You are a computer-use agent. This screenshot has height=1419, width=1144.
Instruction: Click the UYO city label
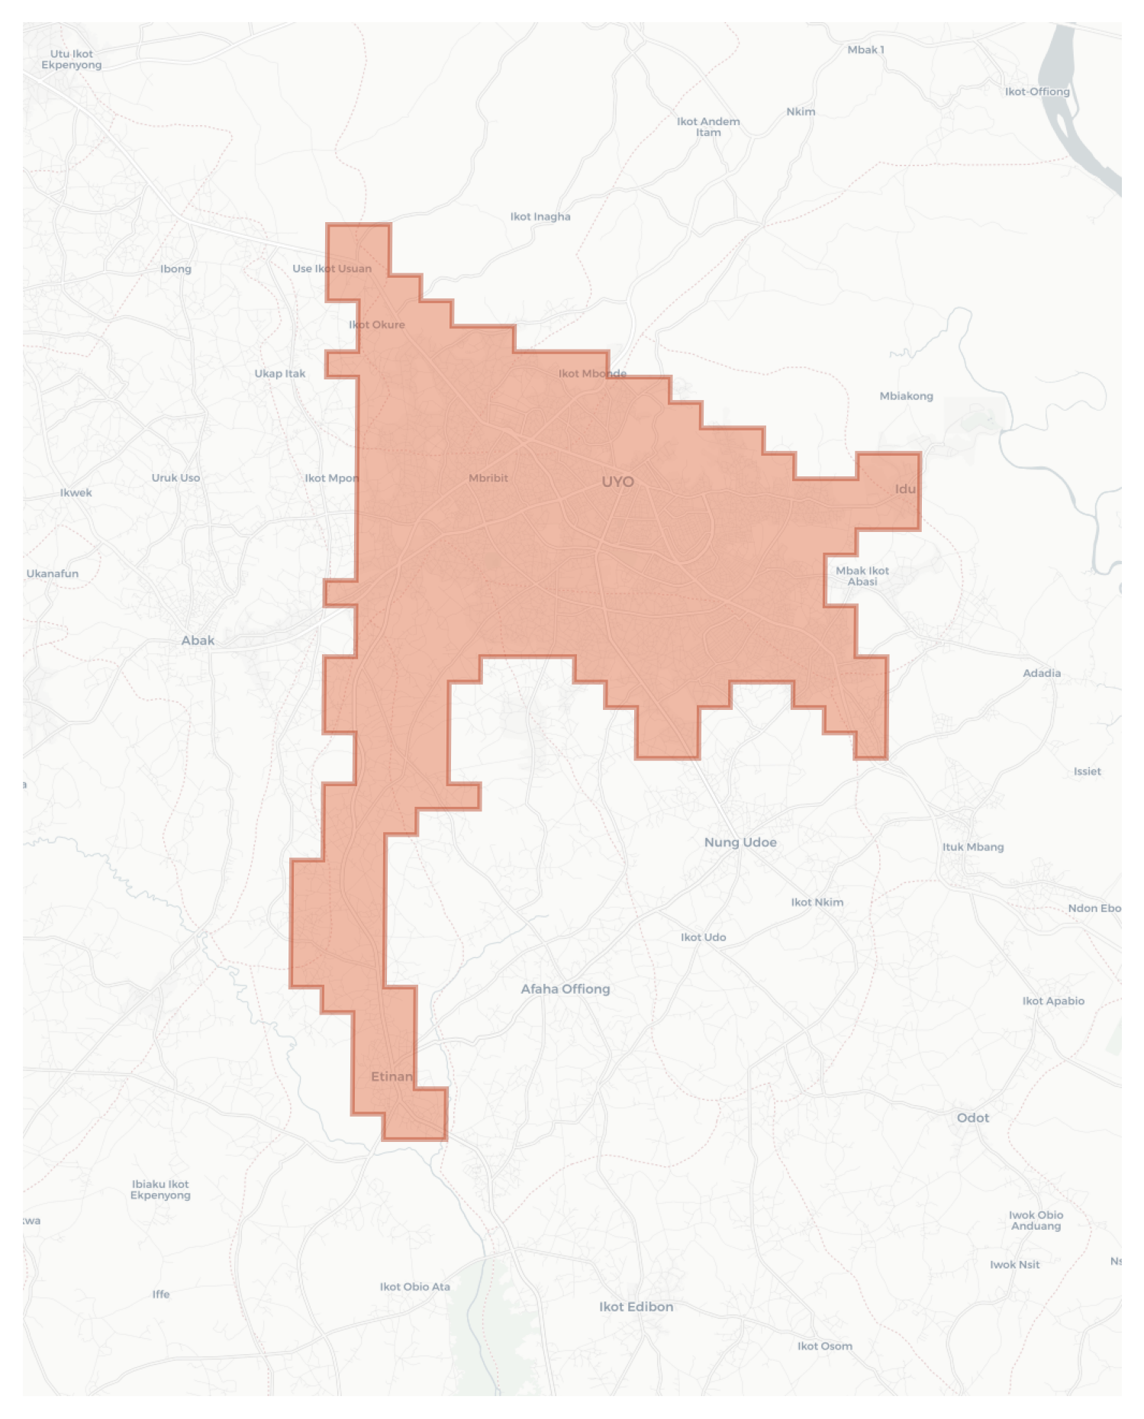tap(617, 482)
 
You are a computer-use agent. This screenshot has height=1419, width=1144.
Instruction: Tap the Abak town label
tap(198, 640)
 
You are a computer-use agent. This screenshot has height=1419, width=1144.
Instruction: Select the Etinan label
tap(392, 1076)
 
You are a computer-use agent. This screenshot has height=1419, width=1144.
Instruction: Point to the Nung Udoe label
tap(740, 842)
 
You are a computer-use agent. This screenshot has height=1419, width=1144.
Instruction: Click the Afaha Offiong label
tap(566, 988)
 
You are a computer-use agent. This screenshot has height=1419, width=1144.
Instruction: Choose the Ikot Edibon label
tap(636, 1306)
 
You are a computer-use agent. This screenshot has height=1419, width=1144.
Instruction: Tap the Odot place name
tap(972, 1117)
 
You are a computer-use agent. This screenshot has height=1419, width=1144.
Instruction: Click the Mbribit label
tap(488, 478)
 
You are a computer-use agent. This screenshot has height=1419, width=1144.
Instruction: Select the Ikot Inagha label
tap(540, 217)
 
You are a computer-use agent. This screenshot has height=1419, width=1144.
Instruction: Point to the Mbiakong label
tap(906, 395)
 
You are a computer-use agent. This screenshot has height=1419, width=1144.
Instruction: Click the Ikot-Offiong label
tap(1037, 92)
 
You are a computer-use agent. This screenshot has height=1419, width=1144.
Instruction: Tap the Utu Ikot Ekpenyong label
tap(72, 60)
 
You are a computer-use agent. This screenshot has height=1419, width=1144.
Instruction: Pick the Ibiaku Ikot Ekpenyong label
tap(160, 1189)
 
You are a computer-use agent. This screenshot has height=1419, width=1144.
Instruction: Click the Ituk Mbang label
tap(973, 847)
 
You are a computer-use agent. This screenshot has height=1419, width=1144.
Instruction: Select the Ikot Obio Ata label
tap(415, 1286)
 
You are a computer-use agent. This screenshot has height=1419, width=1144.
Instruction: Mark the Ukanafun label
tap(53, 573)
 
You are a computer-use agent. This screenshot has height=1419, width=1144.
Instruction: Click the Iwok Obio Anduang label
tap(1036, 1220)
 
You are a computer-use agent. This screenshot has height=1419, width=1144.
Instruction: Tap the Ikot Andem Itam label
tap(708, 127)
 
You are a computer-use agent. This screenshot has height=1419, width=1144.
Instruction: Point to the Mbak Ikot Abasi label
tap(862, 576)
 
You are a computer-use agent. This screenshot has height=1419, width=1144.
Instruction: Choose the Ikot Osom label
tap(825, 1346)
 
